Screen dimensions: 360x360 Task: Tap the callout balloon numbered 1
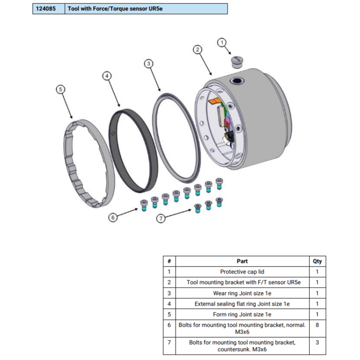tap(222, 42)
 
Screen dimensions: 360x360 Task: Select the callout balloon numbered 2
tap(197, 49)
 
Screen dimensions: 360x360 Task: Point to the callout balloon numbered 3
tap(149, 64)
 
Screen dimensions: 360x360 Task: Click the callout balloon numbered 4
tap(107, 75)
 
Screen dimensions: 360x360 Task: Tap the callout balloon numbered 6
tap(113, 218)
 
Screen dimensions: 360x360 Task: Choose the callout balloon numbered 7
tap(161, 219)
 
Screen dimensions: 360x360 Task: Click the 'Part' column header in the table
tap(242, 261)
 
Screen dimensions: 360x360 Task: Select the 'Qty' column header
tap(317, 261)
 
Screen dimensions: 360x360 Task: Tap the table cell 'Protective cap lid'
tap(242, 272)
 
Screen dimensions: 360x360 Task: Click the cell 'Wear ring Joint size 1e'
tap(242, 294)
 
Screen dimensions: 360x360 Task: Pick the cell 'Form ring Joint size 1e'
tap(242, 315)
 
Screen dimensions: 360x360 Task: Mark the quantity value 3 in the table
tap(317, 346)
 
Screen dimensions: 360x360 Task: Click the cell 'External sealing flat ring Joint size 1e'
tap(242, 304)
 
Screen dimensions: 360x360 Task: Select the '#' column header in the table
tap(169, 261)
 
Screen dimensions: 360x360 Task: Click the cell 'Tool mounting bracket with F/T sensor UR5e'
tap(242, 282)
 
